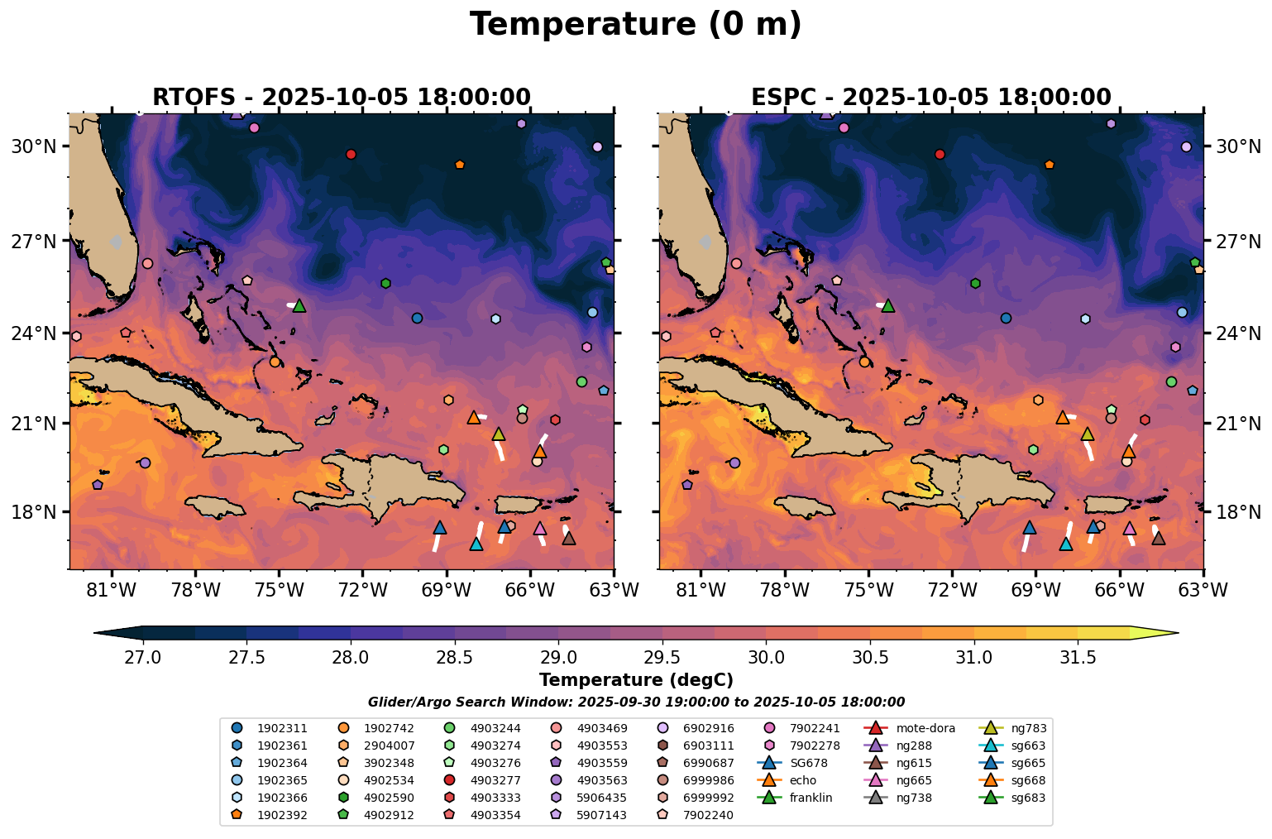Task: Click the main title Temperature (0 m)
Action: click(635, 25)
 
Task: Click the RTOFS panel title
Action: click(341, 97)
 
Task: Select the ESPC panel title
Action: click(930, 97)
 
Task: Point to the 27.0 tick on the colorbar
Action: click(143, 658)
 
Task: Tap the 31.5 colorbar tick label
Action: click(1078, 658)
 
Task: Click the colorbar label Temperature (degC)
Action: click(635, 680)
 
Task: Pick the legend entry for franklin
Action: click(808, 798)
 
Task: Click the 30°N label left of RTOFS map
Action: click(34, 146)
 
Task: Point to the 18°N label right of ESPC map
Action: click(1237, 513)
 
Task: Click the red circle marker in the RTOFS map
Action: click(351, 154)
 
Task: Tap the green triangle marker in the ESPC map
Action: click(888, 305)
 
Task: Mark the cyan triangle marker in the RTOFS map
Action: click(476, 544)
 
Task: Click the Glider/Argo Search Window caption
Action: click(635, 702)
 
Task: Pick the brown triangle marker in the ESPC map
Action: click(1159, 539)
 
